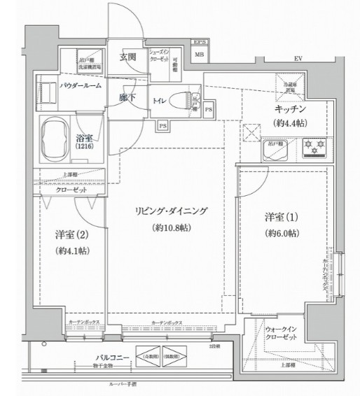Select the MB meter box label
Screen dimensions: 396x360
point(199,55)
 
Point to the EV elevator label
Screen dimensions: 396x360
point(298,58)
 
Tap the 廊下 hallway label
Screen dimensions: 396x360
point(127,99)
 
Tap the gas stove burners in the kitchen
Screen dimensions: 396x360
point(313,148)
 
